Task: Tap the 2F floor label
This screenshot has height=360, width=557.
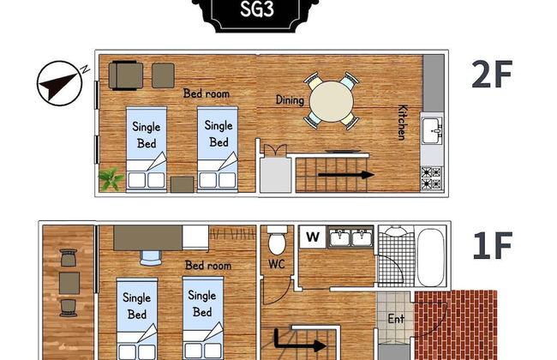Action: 491,76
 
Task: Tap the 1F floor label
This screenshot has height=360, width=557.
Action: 492,247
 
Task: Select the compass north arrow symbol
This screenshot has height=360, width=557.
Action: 58,83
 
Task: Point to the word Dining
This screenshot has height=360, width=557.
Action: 290,100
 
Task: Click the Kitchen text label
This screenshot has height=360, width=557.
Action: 401,123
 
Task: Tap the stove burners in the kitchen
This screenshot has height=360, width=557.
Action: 431,177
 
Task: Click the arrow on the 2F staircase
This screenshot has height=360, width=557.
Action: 346,175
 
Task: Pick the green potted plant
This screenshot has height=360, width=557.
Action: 111,179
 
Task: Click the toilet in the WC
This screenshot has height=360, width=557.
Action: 277,237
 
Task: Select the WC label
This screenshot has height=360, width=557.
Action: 277,264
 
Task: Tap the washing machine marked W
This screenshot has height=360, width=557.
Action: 313,237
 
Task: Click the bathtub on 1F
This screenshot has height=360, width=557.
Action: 431,255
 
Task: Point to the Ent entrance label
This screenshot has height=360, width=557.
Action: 396,319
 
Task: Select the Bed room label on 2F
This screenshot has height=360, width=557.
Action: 207,93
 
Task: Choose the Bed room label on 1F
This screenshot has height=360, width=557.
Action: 208,266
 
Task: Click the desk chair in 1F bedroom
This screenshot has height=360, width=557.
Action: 151,254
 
